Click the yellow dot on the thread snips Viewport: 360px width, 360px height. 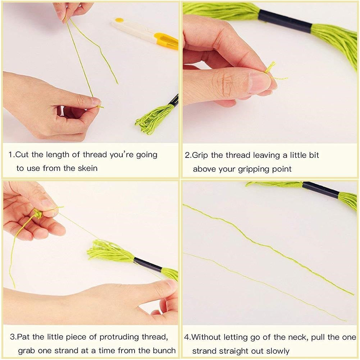point(119,20)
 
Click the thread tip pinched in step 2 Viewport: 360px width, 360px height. point(270,67)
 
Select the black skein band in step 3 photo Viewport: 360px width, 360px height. point(147,264)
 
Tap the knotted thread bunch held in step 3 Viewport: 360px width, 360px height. point(38,214)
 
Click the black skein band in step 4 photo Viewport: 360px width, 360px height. point(321,190)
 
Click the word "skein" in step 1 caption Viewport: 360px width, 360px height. point(87,168)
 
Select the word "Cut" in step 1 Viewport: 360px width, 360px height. point(22,155)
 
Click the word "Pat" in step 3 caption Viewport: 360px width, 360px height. point(24,337)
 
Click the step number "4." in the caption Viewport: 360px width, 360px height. point(187,337)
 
